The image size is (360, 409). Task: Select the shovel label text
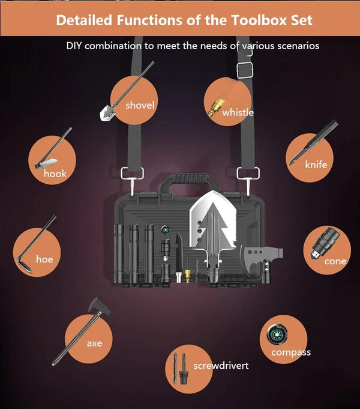point(140,105)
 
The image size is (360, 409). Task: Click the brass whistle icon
point(216,107)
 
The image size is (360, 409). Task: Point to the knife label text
point(316,165)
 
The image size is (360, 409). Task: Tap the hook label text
point(55,174)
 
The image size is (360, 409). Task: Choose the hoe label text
point(44,259)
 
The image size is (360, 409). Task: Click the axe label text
point(94,344)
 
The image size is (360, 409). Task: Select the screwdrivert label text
point(221,365)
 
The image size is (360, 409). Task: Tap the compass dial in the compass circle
point(277,334)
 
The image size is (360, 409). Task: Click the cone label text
point(335,261)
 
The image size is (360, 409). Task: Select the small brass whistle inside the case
point(187,276)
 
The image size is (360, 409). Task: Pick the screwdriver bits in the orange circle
point(180,368)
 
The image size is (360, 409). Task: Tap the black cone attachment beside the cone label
point(325,243)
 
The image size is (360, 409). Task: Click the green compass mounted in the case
point(165,230)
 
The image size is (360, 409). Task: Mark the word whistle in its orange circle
point(238,112)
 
